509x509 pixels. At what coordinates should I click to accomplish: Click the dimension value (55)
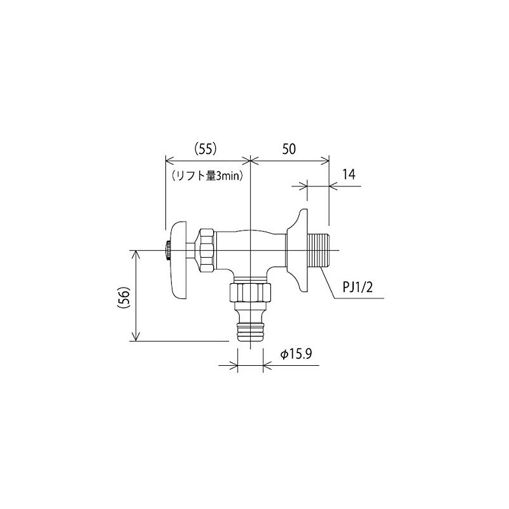click(x=205, y=148)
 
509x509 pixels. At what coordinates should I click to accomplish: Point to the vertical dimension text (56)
click(x=125, y=296)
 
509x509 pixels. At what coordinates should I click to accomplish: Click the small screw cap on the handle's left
click(x=166, y=250)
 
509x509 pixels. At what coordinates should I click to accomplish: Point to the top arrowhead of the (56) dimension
click(x=136, y=254)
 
